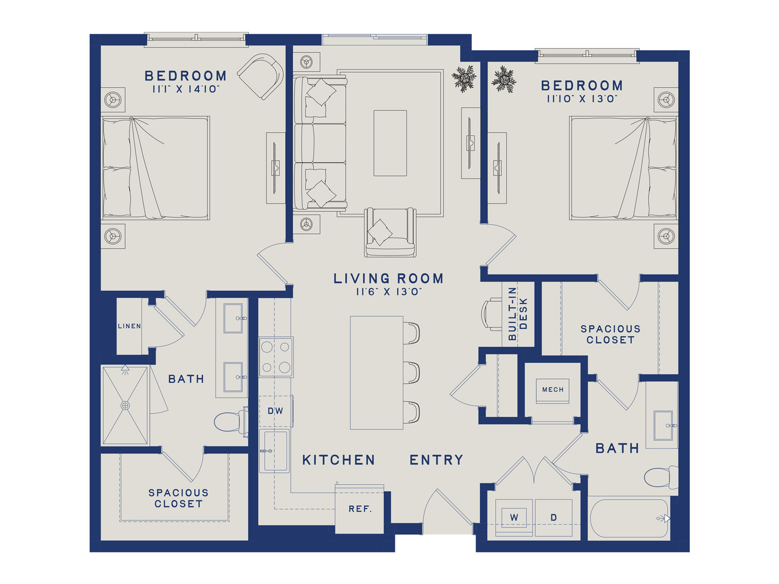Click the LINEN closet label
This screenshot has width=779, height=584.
[129, 326]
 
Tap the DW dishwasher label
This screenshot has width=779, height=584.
[275, 411]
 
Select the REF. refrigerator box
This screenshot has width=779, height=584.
[359, 509]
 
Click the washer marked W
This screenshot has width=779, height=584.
[514, 517]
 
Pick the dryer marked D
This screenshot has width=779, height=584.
[553, 517]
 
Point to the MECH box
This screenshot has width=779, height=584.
[553, 390]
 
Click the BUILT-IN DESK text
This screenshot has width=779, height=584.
[518, 313]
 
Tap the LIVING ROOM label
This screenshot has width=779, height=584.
[388, 279]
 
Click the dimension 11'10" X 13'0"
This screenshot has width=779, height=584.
[582, 99]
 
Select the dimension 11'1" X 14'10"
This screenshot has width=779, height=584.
[186, 89]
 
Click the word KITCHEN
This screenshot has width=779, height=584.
[339, 460]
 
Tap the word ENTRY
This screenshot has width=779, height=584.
[436, 460]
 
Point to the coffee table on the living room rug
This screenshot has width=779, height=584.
[390, 143]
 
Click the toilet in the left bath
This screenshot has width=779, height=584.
[230, 422]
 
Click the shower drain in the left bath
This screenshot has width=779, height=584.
[125, 405]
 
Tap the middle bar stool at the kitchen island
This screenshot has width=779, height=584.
[411, 373]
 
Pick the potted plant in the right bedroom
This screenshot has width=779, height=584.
[504, 79]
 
